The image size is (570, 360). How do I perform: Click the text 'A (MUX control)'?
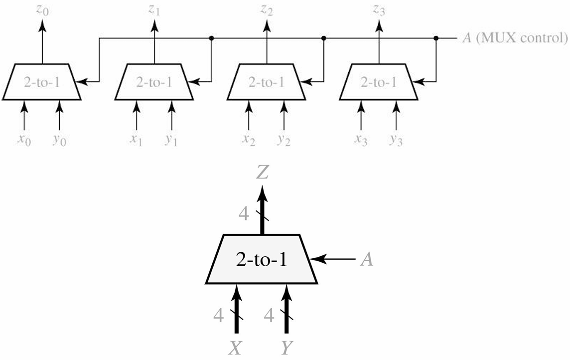(515, 38)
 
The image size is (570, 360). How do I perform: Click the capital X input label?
(235, 349)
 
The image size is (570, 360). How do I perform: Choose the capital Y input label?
(286, 349)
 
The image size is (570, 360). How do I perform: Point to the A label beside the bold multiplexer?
(367, 260)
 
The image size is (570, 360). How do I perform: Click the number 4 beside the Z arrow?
(244, 214)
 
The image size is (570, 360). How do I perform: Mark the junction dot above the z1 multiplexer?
(211, 38)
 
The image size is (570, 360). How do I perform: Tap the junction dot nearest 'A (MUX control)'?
(436, 38)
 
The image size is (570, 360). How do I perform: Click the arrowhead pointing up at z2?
(267, 25)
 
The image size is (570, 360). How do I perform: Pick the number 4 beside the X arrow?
(218, 316)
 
